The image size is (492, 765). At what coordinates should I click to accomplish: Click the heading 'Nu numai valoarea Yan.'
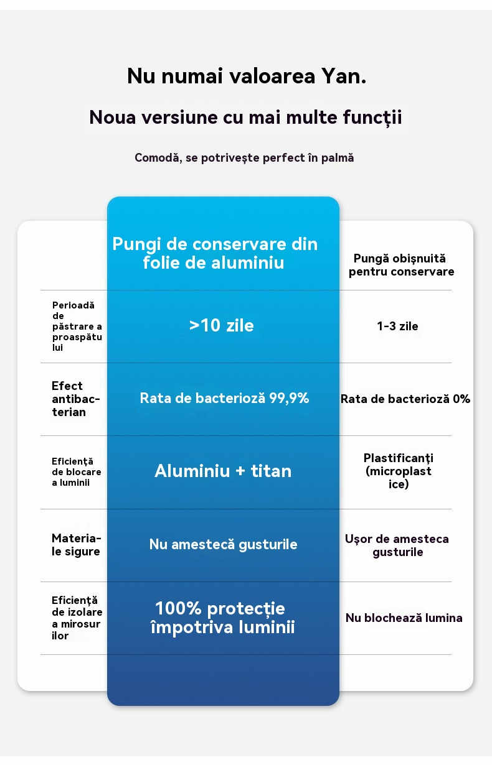246,76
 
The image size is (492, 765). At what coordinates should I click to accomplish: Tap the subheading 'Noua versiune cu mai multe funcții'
246,117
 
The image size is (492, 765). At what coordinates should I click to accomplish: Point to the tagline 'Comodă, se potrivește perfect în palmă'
244,158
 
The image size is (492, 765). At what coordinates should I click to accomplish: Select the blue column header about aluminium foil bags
215,253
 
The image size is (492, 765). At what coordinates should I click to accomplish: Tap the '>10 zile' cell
222,325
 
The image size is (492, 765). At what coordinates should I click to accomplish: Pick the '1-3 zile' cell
397,326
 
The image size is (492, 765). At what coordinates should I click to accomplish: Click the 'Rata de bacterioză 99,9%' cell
224,398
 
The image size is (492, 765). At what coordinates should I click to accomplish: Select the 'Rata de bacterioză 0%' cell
405,399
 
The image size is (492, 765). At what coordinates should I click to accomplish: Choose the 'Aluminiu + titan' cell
223,471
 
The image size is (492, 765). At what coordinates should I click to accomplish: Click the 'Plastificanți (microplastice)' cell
399,471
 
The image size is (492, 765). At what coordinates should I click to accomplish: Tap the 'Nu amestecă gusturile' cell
223,544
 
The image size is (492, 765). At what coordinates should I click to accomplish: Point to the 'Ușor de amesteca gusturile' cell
397,545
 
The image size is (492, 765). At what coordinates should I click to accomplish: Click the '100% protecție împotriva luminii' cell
222,618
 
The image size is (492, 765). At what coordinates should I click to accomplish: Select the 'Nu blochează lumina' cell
404,618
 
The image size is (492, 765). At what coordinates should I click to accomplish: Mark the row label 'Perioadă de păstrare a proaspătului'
77,327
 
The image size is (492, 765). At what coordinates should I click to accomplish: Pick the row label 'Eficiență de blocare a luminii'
77,471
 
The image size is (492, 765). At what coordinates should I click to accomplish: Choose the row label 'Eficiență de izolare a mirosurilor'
76,618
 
